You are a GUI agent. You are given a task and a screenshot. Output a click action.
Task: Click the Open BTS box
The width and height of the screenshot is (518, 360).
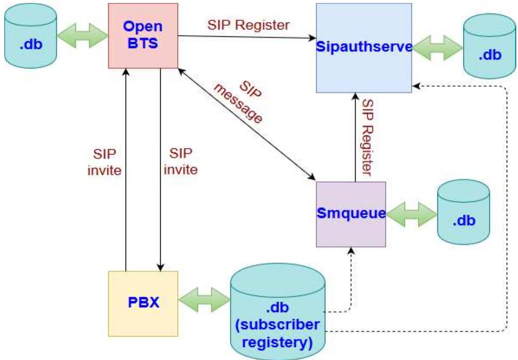tap(142, 35)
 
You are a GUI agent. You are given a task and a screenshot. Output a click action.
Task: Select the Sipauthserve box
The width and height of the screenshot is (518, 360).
tap(364, 48)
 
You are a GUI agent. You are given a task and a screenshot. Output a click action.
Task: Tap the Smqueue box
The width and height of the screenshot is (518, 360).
tap(351, 214)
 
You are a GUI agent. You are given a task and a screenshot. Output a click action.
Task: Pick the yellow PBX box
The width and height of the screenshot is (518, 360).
tap(143, 303)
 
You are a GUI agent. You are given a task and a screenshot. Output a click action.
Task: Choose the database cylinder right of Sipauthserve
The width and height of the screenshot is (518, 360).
tap(489, 48)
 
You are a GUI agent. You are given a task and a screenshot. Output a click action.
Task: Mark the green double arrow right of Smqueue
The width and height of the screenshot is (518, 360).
tap(411, 214)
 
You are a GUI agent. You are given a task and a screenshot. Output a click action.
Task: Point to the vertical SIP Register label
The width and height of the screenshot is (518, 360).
tap(368, 138)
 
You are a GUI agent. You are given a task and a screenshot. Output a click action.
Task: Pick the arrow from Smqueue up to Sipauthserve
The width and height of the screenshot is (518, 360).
tap(355, 138)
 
